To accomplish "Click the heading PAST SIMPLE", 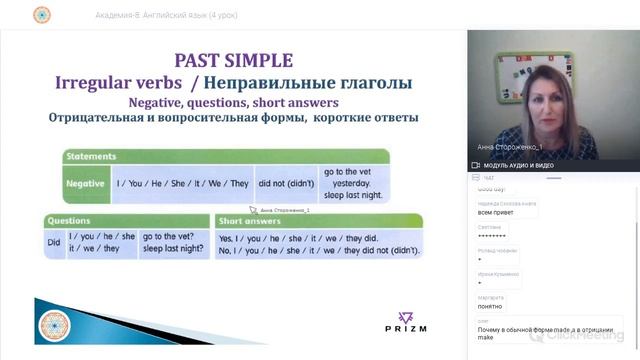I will click(x=233, y=60).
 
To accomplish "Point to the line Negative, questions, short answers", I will click(x=233, y=102).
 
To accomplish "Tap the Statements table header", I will click(x=90, y=156).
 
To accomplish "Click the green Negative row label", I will click(x=85, y=184).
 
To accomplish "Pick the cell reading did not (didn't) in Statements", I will click(x=285, y=184).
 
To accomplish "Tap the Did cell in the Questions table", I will click(x=53, y=244).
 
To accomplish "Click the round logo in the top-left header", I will click(x=41, y=14).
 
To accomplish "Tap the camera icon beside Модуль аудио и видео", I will click(x=475, y=165).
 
